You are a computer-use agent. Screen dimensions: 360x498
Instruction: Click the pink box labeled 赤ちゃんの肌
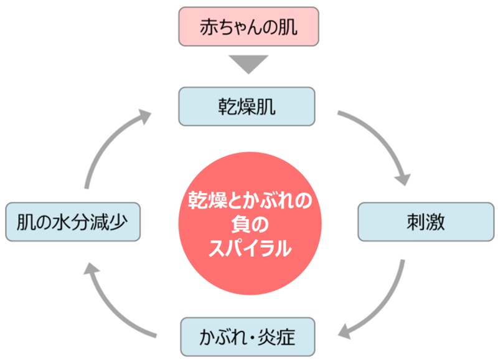pos(248,26)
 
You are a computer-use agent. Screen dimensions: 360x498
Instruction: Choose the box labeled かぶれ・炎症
pos(248,337)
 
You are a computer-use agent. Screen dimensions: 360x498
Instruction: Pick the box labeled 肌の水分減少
pos(72,222)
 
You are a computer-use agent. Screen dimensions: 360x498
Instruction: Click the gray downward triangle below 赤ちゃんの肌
pos(248,64)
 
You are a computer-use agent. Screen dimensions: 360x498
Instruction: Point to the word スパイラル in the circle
pos(249,249)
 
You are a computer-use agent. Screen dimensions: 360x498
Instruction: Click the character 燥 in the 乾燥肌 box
pos(248,107)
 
